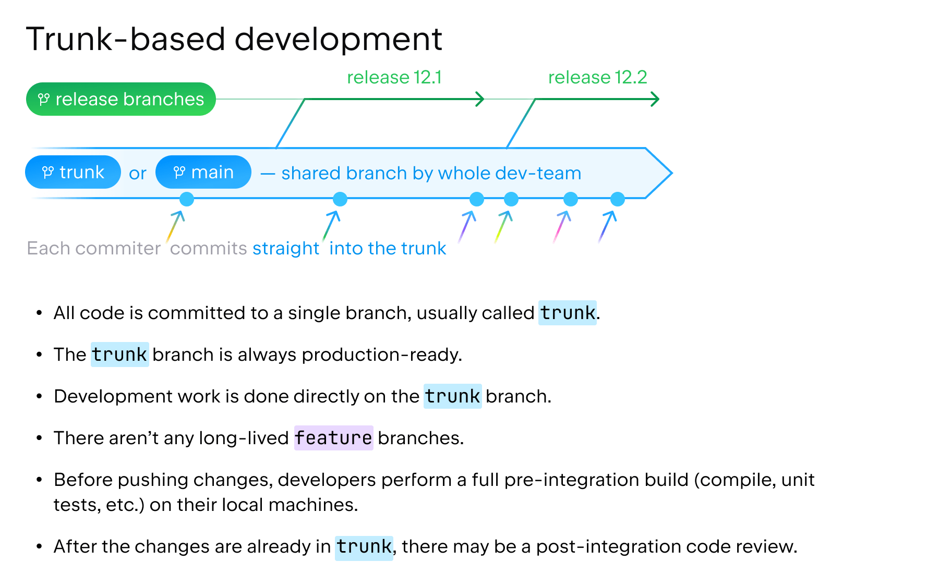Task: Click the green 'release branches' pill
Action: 121,99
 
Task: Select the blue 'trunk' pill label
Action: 73,172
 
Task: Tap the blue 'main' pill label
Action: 203,172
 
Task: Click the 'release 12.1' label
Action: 394,77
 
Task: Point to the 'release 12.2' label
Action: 597,77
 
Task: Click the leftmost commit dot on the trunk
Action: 187,199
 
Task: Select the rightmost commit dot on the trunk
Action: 618,199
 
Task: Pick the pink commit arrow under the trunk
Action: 562,227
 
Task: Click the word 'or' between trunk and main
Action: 138,173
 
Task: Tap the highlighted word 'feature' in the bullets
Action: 333,438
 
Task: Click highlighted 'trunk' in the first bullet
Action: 567,313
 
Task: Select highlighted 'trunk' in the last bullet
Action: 364,546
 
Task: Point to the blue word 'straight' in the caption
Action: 286,248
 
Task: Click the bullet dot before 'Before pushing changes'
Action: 39,480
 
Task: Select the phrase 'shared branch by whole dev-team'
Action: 431,173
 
